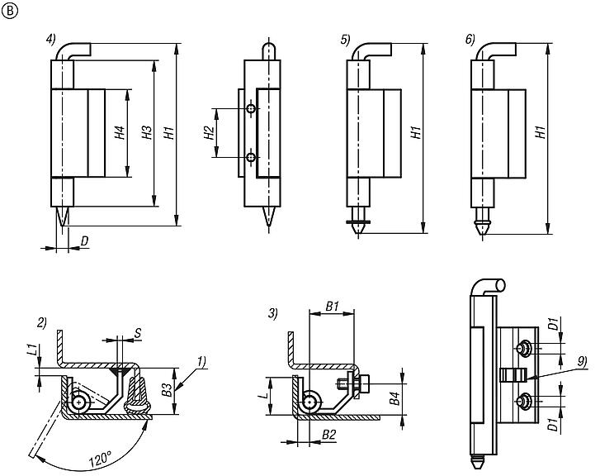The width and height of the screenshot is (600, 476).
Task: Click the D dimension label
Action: coord(85,240)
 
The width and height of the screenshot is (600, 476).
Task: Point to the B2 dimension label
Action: coord(329,433)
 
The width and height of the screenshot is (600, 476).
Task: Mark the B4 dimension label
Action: coord(394,404)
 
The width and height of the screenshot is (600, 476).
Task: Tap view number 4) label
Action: coord(51,39)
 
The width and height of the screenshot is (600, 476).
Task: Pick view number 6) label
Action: coord(470,39)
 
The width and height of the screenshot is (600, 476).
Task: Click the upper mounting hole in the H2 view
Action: coord(250,108)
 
